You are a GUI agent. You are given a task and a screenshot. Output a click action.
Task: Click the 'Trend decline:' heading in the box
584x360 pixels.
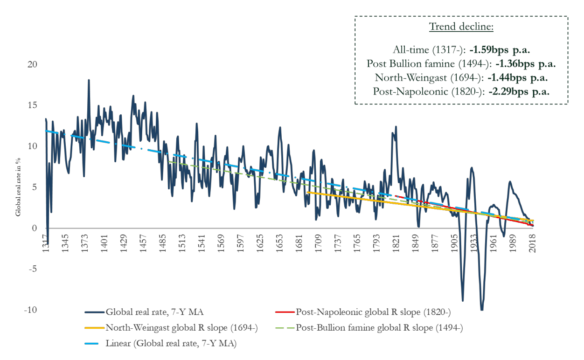coord(461,26)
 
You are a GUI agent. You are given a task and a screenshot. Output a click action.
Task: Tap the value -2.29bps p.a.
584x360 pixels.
coord(519,91)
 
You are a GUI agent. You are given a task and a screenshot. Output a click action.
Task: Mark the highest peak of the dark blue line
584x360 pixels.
coord(89,80)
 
